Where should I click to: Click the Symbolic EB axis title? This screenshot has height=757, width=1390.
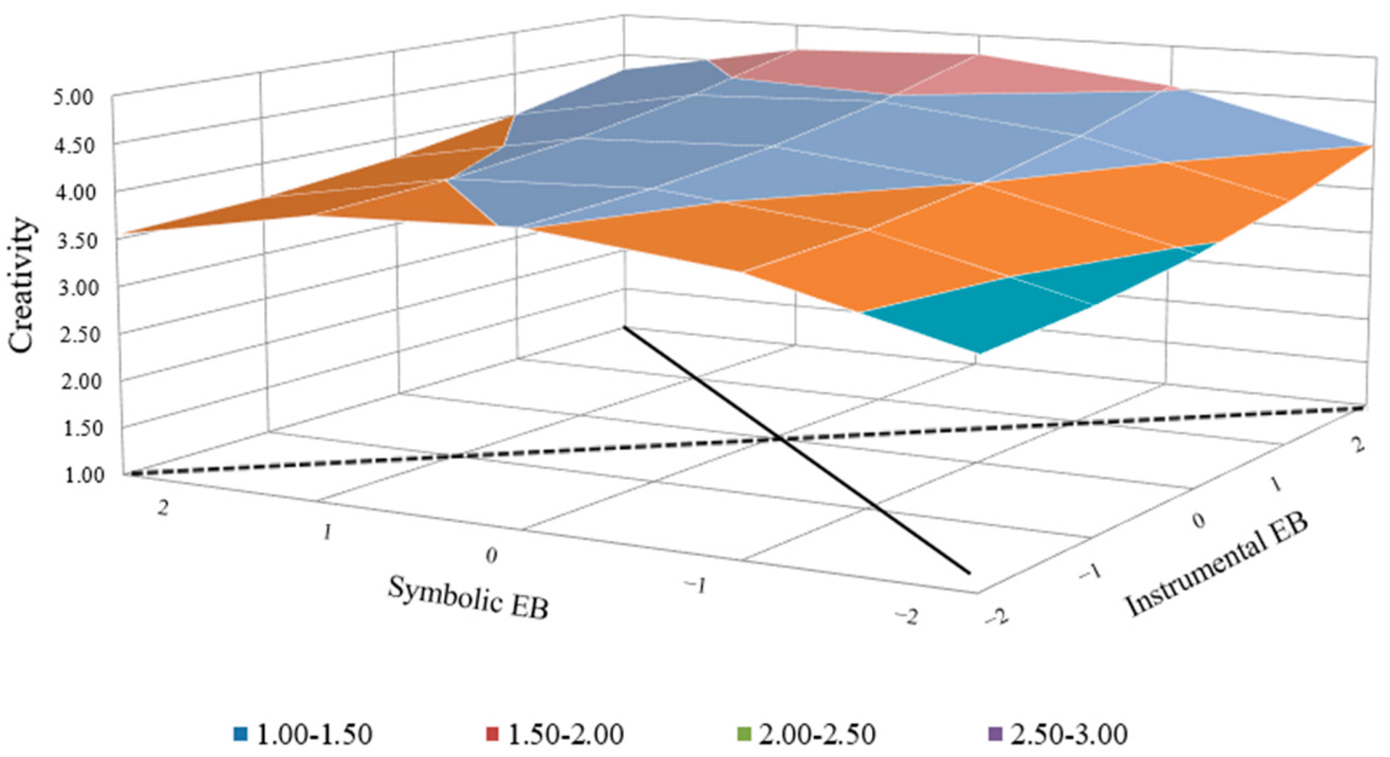pos(468,598)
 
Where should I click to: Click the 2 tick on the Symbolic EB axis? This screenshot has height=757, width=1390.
pos(162,508)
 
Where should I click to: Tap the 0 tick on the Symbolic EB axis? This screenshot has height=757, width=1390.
pos(491,555)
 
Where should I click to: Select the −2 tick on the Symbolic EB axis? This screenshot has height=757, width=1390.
pos(906,616)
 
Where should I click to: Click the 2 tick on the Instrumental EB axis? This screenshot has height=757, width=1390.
pos(1358,445)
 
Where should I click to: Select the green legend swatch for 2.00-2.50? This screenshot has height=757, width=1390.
pos(743,734)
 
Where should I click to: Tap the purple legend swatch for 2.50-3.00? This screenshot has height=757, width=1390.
pos(995,734)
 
